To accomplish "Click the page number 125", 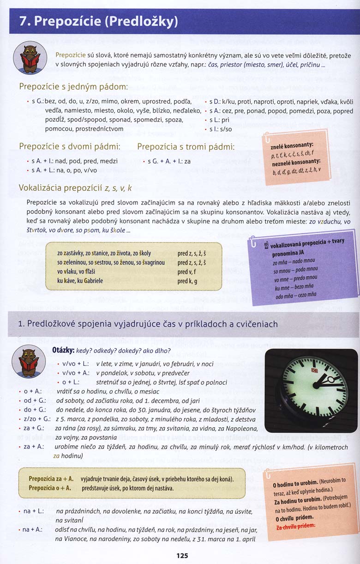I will (182, 556).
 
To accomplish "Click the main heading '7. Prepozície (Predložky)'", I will (98, 22).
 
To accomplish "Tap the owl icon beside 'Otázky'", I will (29, 361).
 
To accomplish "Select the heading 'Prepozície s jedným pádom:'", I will (73, 87).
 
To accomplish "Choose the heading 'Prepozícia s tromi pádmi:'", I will (186, 146).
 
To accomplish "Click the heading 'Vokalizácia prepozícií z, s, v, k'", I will (75, 188).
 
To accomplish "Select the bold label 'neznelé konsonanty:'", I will (295, 162).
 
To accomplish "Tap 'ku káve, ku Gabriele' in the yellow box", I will (80, 280).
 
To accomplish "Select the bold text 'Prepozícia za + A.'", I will (51, 479).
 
